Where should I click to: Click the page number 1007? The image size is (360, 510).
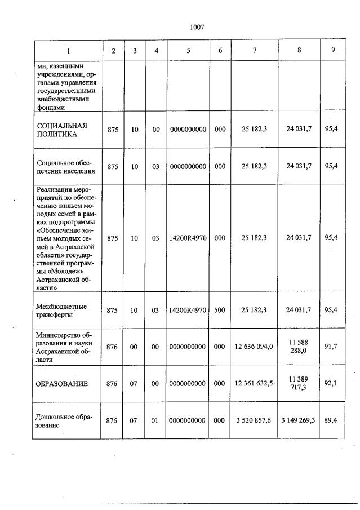coord(197,27)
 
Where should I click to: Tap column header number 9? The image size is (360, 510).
coord(334,50)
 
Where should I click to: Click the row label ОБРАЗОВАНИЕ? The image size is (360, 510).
coord(63,384)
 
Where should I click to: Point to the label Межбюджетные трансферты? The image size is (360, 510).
coord(61,310)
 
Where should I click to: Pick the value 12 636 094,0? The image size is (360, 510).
coord(254,347)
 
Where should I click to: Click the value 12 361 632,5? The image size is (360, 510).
coord(254,384)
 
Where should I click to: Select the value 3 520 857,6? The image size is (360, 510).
coord(254,420)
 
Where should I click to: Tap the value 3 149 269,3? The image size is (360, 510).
coord(298,420)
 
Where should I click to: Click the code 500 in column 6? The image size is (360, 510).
coord(220,310)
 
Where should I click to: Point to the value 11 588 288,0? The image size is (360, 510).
coord(298,346)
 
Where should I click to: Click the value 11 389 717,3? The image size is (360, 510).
coord(298,383)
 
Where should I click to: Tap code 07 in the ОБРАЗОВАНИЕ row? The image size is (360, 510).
coord(134,384)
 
